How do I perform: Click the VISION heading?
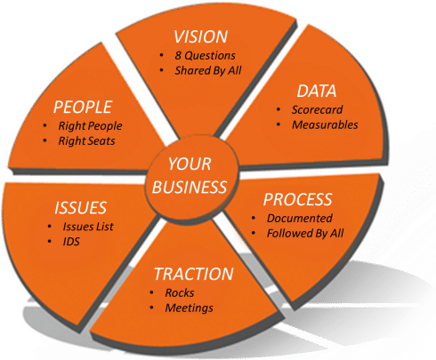click(201, 36)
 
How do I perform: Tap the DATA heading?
click(317, 91)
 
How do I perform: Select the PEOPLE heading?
click(83, 107)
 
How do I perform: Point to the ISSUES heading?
click(80, 208)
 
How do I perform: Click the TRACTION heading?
click(194, 274)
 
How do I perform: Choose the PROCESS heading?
click(298, 199)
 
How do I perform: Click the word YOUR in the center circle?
click(190, 164)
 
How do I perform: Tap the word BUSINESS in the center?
click(190, 188)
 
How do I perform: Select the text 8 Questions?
click(205, 55)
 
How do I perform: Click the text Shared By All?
click(208, 70)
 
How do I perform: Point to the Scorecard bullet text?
click(317, 109)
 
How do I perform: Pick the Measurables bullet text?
click(325, 124)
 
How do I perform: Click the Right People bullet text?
click(90, 126)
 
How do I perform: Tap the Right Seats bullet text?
click(86, 141)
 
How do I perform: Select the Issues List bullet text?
click(88, 227)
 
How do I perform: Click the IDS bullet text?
click(71, 242)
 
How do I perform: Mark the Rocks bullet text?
click(180, 292)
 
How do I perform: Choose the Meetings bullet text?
click(189, 308)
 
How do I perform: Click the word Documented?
click(300, 219)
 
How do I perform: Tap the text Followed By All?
click(305, 234)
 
